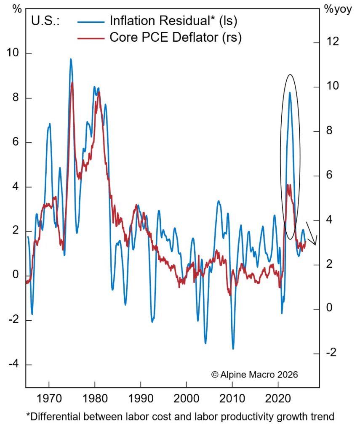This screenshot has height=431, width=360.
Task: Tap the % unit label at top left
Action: [17, 9]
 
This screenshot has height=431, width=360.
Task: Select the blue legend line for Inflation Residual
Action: [90, 21]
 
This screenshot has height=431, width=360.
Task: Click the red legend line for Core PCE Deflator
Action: [90, 37]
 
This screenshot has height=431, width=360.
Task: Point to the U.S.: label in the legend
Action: [46, 21]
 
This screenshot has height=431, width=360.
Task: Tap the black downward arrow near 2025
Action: [312, 234]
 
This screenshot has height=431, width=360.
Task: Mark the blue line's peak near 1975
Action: [71, 59]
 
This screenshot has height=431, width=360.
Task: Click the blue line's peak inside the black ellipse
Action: [290, 92]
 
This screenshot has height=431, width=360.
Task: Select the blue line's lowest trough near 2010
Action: [233, 349]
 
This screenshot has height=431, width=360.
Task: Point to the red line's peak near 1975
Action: [72, 82]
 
